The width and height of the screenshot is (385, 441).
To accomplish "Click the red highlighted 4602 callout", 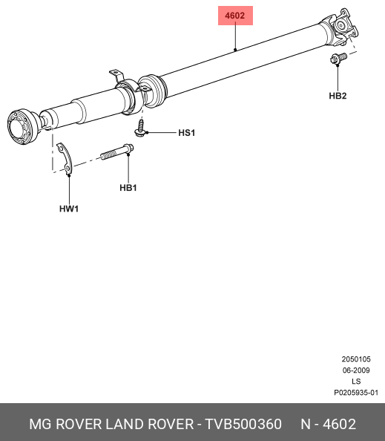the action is click(235, 16).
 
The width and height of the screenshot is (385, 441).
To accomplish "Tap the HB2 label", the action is click(338, 96).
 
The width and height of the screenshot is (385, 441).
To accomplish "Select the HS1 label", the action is click(187, 132).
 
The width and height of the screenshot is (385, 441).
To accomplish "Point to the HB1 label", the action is click(128, 188).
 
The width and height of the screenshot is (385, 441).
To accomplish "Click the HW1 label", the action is click(69, 209).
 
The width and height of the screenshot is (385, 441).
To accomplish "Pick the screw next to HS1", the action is click(140, 128).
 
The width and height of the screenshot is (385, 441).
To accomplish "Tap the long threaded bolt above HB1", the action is click(117, 152).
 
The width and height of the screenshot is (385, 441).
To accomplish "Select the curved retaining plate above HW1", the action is click(66, 159).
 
